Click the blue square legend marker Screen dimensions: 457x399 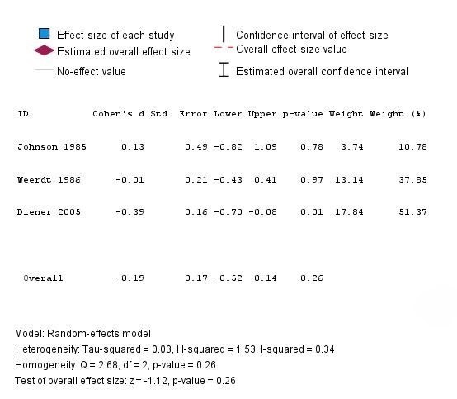click(44, 34)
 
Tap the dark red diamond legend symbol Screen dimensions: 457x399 click(44, 50)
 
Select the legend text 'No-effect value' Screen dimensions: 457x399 click(92, 72)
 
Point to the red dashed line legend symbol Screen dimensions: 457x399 click(224, 47)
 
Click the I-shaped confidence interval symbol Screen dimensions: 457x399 click(224, 69)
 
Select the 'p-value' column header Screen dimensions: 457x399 click(303, 114)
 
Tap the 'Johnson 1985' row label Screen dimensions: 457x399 click(52, 146)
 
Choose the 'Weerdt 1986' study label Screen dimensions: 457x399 click(49, 179)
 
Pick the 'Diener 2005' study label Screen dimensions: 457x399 click(49, 212)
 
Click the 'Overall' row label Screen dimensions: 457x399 click(43, 278)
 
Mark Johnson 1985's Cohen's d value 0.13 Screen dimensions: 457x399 click(133, 146)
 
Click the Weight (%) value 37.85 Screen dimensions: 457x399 click(412, 179)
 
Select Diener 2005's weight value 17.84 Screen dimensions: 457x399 click(349, 212)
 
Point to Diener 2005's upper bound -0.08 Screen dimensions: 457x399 click(262, 212)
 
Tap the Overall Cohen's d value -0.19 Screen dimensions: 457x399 click(130, 278)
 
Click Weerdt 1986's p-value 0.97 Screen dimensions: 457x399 click(312, 179)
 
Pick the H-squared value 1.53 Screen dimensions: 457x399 click(246, 349)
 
